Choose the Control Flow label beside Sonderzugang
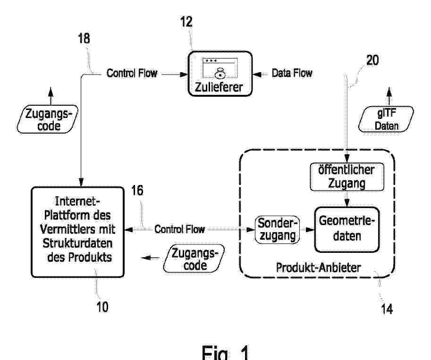tap(179, 229)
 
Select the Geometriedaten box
tap(347, 229)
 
